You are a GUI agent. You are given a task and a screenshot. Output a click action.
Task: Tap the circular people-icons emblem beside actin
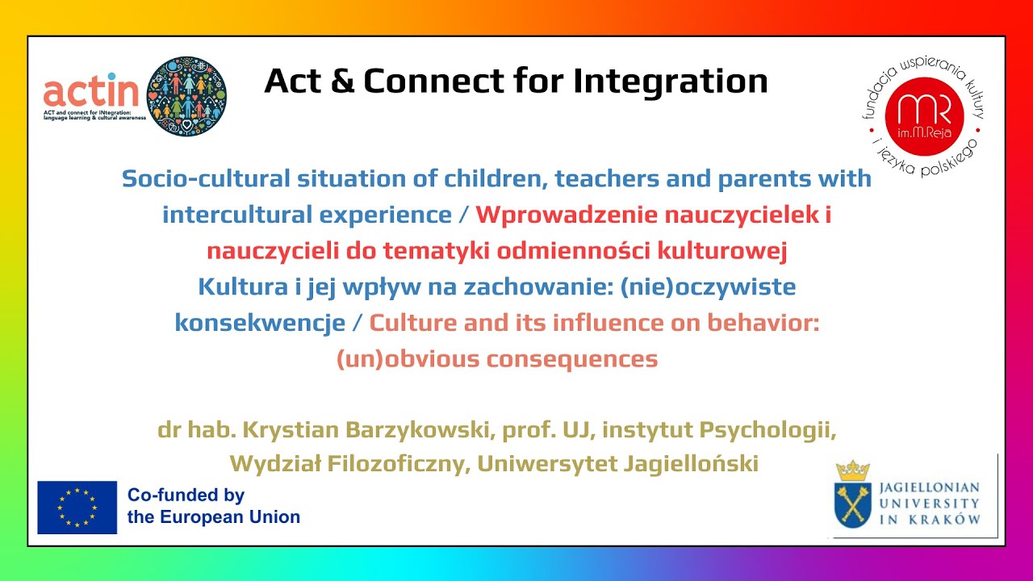point(186,96)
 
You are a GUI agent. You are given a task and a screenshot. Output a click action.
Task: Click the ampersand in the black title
point(342,82)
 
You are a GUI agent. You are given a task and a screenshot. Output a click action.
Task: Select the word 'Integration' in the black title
point(670,82)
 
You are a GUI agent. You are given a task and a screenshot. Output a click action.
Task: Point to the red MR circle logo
point(924,116)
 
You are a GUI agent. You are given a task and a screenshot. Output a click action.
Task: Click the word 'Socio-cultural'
point(206,178)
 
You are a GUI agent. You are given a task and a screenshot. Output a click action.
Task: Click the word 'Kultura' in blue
point(243,286)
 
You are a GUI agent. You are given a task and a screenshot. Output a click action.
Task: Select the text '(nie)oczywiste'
point(709,287)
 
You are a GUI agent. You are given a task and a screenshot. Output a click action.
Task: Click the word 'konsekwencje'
point(260,322)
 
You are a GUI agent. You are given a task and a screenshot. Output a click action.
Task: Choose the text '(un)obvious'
point(408,359)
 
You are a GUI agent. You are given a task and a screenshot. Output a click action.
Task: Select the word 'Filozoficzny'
point(399,464)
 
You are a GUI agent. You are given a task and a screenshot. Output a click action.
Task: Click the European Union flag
point(77,508)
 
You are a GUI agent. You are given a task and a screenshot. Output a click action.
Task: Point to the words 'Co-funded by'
point(186,495)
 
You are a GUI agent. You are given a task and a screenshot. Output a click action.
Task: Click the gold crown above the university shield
point(853,471)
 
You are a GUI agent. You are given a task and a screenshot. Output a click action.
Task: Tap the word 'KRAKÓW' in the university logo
point(944,520)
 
